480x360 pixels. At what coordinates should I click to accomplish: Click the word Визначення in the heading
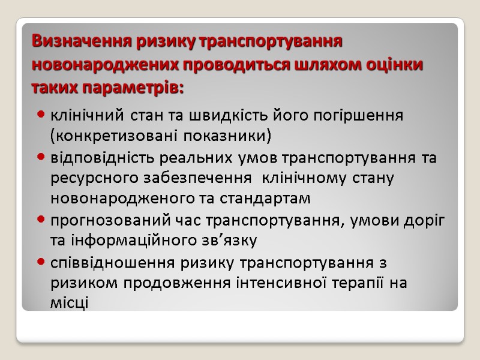click(70, 42)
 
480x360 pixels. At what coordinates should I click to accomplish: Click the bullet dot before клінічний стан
click(41, 113)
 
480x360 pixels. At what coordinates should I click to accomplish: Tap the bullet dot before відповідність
click(41, 157)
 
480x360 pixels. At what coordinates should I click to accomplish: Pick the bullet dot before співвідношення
click(41, 262)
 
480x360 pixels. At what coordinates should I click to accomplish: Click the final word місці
click(69, 303)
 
